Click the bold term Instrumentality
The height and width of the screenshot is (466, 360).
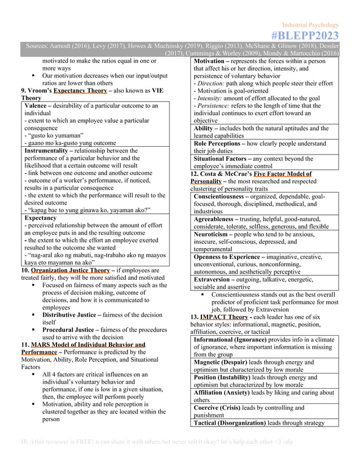51,151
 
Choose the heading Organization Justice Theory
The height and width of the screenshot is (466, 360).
71,270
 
